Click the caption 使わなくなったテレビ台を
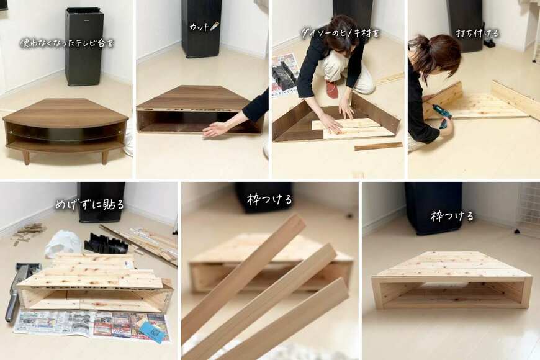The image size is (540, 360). pyautogui.click(x=67, y=43)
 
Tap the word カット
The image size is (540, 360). pyautogui.click(x=199, y=27)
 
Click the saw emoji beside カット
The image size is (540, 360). pyautogui.click(x=214, y=26)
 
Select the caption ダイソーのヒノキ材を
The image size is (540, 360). pyautogui.click(x=340, y=34)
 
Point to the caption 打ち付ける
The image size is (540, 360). pyautogui.click(x=477, y=34)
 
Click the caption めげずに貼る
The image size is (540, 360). pyautogui.click(x=89, y=205)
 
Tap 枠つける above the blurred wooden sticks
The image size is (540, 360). pyautogui.click(x=269, y=199)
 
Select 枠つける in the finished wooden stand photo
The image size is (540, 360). pyautogui.click(x=452, y=217)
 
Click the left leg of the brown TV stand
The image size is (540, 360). pyautogui.click(x=26, y=157)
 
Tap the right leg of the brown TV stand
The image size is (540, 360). pyautogui.click(x=104, y=158)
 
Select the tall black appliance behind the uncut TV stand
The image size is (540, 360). pyautogui.click(x=84, y=47)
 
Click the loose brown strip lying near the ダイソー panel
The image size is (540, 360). pyautogui.click(x=378, y=146)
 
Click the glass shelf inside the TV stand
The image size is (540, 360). pyautogui.click(x=65, y=136)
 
